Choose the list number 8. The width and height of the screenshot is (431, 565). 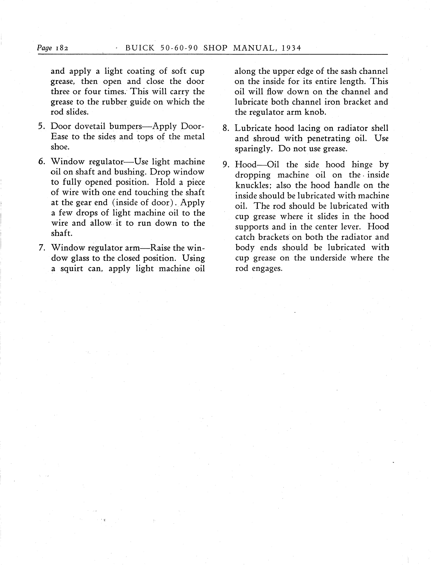pyautogui.click(x=226, y=128)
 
